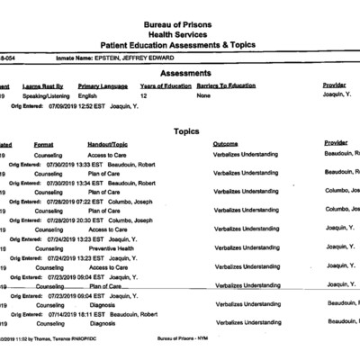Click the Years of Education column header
(166, 85)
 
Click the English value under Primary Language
(88, 94)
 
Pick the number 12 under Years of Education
(144, 94)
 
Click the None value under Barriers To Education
(204, 94)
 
